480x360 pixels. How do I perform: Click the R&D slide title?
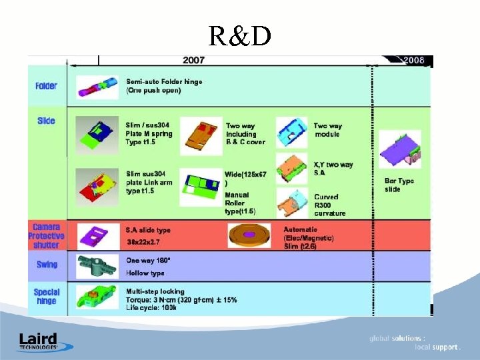click(x=239, y=37)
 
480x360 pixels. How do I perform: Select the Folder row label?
click(x=46, y=86)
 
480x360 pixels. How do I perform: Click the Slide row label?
click(x=46, y=121)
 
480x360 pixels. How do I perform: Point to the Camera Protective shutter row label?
click(x=46, y=236)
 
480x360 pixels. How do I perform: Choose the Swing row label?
click(x=47, y=265)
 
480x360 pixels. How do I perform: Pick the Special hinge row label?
click(x=47, y=297)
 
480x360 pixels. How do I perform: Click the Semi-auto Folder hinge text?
click(x=164, y=86)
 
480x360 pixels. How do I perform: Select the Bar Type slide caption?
click(x=399, y=185)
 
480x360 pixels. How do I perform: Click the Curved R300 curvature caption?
click(x=330, y=205)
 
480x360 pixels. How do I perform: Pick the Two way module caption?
click(x=328, y=130)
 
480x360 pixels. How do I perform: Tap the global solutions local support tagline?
click(x=415, y=343)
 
